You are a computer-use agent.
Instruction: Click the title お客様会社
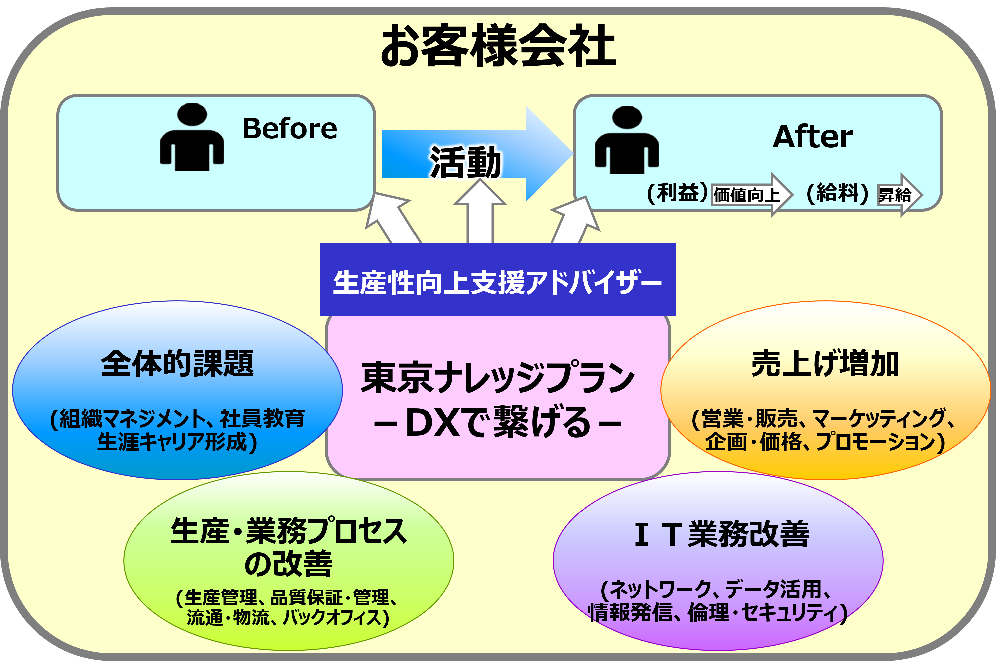point(498,45)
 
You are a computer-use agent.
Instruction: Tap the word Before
point(290,128)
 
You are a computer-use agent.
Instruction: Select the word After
point(813,137)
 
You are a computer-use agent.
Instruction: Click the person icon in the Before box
point(192,137)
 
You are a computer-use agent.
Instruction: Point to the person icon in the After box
point(627,140)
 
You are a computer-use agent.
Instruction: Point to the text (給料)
point(837,193)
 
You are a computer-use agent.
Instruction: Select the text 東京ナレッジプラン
point(498,377)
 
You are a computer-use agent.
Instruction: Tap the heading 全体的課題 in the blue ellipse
point(177,363)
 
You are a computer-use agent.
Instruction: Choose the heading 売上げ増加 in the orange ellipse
point(825,363)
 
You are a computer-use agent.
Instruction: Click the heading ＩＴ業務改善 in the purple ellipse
point(721,534)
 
